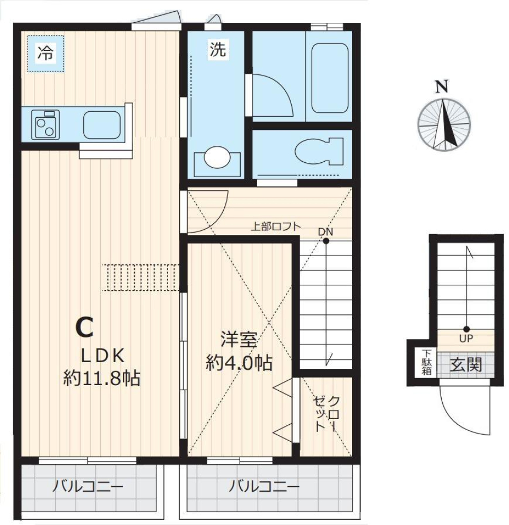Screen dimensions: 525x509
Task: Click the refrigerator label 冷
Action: tap(45, 53)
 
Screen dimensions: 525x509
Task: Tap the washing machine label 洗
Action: tap(217, 50)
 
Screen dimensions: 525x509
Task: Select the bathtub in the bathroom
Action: tap(329, 78)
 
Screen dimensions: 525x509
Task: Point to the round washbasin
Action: tap(216, 157)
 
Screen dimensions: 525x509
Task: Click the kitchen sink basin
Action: tap(102, 125)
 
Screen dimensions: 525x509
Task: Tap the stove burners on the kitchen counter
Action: tap(46, 125)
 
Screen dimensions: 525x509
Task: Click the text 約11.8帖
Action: tap(101, 378)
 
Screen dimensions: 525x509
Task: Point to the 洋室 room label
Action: tap(239, 339)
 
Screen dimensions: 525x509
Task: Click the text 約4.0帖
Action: tap(239, 363)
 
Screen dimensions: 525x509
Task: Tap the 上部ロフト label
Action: tap(275, 226)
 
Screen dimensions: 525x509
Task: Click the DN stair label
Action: tap(326, 232)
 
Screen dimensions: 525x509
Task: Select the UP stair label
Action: tap(467, 338)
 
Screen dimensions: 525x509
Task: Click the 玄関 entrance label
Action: tap(467, 365)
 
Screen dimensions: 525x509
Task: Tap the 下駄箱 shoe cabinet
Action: tap(426, 363)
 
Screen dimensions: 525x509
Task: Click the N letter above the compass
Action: tap(441, 87)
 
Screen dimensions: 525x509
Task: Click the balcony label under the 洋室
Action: tap(265, 486)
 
